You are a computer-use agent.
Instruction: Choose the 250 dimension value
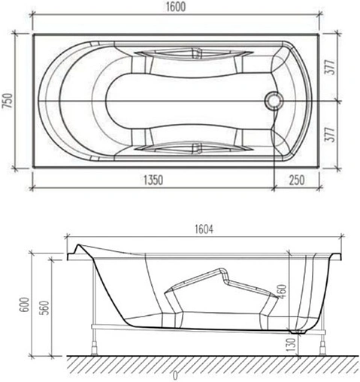[297, 180]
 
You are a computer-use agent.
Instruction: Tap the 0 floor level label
[175, 374]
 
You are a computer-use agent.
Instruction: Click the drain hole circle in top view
[274, 100]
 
